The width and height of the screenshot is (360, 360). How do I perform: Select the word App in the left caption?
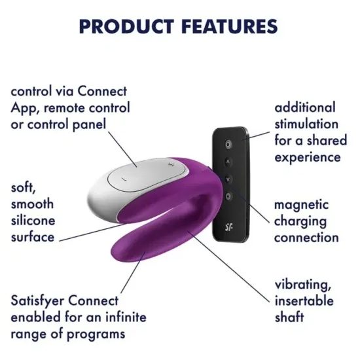[24, 107]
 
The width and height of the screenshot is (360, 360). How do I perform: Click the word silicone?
[33, 221]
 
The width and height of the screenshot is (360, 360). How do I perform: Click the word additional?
[304, 107]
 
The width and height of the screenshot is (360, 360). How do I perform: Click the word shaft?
[289, 317]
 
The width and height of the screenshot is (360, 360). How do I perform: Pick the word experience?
[308, 157]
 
